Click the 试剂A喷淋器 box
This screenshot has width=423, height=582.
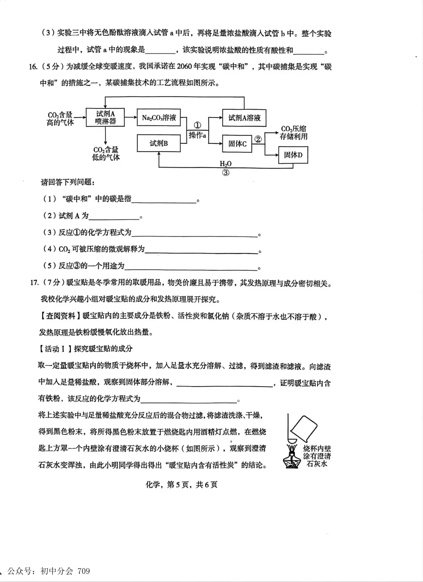point(105,117)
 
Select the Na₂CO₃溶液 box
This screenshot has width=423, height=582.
point(159,117)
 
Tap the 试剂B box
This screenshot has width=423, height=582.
point(159,143)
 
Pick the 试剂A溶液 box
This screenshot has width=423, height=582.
point(244,117)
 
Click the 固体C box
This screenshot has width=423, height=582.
point(237,144)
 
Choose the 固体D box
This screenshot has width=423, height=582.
point(293,155)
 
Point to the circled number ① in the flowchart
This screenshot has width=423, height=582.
point(198,125)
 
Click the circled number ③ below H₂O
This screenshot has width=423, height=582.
point(226,172)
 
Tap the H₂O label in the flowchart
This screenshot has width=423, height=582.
point(226,164)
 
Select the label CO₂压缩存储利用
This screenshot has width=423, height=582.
point(293,133)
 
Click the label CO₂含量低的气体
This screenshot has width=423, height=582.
point(106,154)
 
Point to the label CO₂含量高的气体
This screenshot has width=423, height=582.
point(60,119)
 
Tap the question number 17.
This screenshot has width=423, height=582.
point(34,282)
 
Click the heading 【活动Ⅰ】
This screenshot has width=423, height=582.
point(56,349)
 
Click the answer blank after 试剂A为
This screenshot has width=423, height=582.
point(114,216)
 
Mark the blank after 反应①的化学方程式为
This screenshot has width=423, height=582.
point(194,233)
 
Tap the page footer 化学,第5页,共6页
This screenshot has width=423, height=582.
point(181,484)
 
